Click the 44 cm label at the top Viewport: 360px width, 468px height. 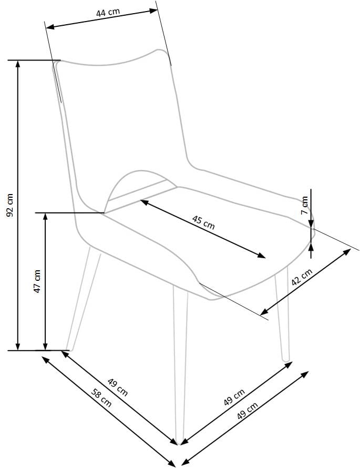pyautogui.click(x=108, y=12)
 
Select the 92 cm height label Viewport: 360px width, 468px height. pyautogui.click(x=10, y=205)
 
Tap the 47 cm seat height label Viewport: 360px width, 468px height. pyautogui.click(x=37, y=281)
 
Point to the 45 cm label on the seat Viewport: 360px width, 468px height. pyautogui.click(x=203, y=222)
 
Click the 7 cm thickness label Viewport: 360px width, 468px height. pyautogui.click(x=304, y=205)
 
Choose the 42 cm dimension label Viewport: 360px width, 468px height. pyautogui.click(x=302, y=277)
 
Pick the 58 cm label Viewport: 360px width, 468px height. pyautogui.click(x=101, y=398)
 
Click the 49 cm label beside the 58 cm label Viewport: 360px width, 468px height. pyautogui.click(x=118, y=387)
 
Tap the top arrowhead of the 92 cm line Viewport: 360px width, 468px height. pyautogui.click(x=18, y=64)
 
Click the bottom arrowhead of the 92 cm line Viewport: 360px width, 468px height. pyautogui.click(x=18, y=347)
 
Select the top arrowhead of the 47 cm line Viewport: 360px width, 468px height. pyautogui.click(x=45, y=217)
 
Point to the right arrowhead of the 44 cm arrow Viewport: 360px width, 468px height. pyautogui.click(x=153, y=11)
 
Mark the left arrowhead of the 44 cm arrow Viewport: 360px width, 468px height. pyautogui.click(x=50, y=27)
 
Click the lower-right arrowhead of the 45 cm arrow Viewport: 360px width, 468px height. pyautogui.click(x=262, y=255)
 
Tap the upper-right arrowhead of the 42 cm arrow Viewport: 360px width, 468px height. pyautogui.click(x=347, y=252)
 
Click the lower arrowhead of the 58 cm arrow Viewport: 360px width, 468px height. pyautogui.click(x=171, y=463)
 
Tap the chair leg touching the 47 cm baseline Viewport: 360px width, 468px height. pyautogui.click(x=83, y=299)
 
